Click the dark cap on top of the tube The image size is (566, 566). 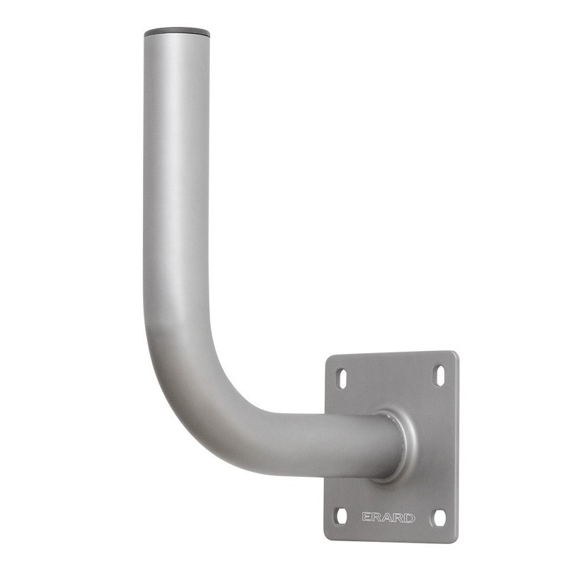[177, 33]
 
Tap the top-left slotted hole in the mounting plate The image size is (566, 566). [342, 379]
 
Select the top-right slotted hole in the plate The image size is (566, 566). [441, 376]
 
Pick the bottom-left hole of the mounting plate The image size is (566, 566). [342, 516]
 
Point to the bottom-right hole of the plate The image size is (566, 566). [439, 518]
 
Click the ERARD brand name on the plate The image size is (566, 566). [388, 518]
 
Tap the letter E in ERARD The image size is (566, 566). [366, 517]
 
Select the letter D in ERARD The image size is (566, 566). [410, 519]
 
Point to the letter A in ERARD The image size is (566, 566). [388, 518]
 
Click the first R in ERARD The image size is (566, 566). [377, 517]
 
